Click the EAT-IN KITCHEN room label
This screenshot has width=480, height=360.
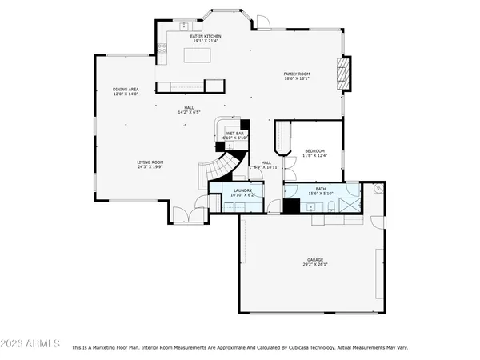206,36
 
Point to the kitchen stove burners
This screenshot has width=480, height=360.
162,54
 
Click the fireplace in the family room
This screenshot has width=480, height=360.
342,72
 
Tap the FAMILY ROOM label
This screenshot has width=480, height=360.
297,74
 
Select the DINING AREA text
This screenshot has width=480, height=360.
126,89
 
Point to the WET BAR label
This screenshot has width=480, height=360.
234,134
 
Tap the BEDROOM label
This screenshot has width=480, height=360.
315,151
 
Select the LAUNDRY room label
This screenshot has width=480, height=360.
242,190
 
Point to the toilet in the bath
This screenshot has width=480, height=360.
330,207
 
